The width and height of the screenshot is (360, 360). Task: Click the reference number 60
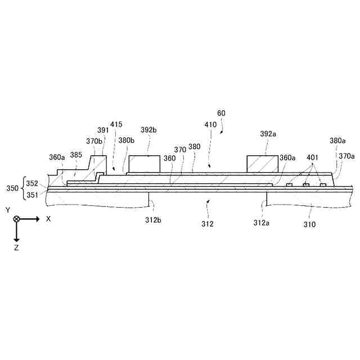coord(222,113)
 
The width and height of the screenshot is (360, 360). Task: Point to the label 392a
coord(268,135)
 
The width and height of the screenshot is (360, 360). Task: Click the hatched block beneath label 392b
coord(144,164)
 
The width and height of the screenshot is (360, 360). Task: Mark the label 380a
coord(337,141)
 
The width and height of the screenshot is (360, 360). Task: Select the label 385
coord(76,154)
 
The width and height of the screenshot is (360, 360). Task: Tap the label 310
coord(309,224)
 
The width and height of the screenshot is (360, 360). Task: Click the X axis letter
coord(48,219)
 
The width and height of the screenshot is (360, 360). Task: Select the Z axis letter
coord(17,247)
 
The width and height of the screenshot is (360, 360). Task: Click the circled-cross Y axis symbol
coord(17,219)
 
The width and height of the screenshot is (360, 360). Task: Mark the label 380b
coord(126,141)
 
